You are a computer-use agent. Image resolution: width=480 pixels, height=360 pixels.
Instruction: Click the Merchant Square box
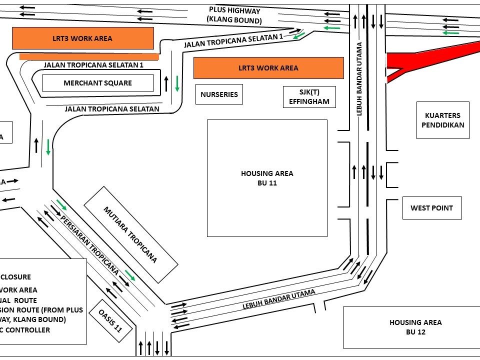tap(97, 83)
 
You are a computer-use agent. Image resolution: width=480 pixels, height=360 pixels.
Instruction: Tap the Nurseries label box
tap(219, 94)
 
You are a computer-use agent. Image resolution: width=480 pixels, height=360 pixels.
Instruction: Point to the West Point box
tap(432, 208)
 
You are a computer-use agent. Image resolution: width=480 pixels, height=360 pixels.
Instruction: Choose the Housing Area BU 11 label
tap(267, 178)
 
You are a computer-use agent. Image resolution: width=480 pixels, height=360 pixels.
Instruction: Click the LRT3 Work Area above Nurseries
tap(268, 68)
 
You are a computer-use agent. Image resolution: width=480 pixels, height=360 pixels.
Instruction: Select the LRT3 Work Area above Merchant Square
tap(82, 38)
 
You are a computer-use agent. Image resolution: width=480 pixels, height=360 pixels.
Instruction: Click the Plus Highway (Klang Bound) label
tap(234, 15)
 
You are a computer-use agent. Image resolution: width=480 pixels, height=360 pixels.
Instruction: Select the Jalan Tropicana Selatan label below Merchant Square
tap(112, 108)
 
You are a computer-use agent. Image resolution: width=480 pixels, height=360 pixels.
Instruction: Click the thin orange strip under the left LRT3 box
tap(89, 56)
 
